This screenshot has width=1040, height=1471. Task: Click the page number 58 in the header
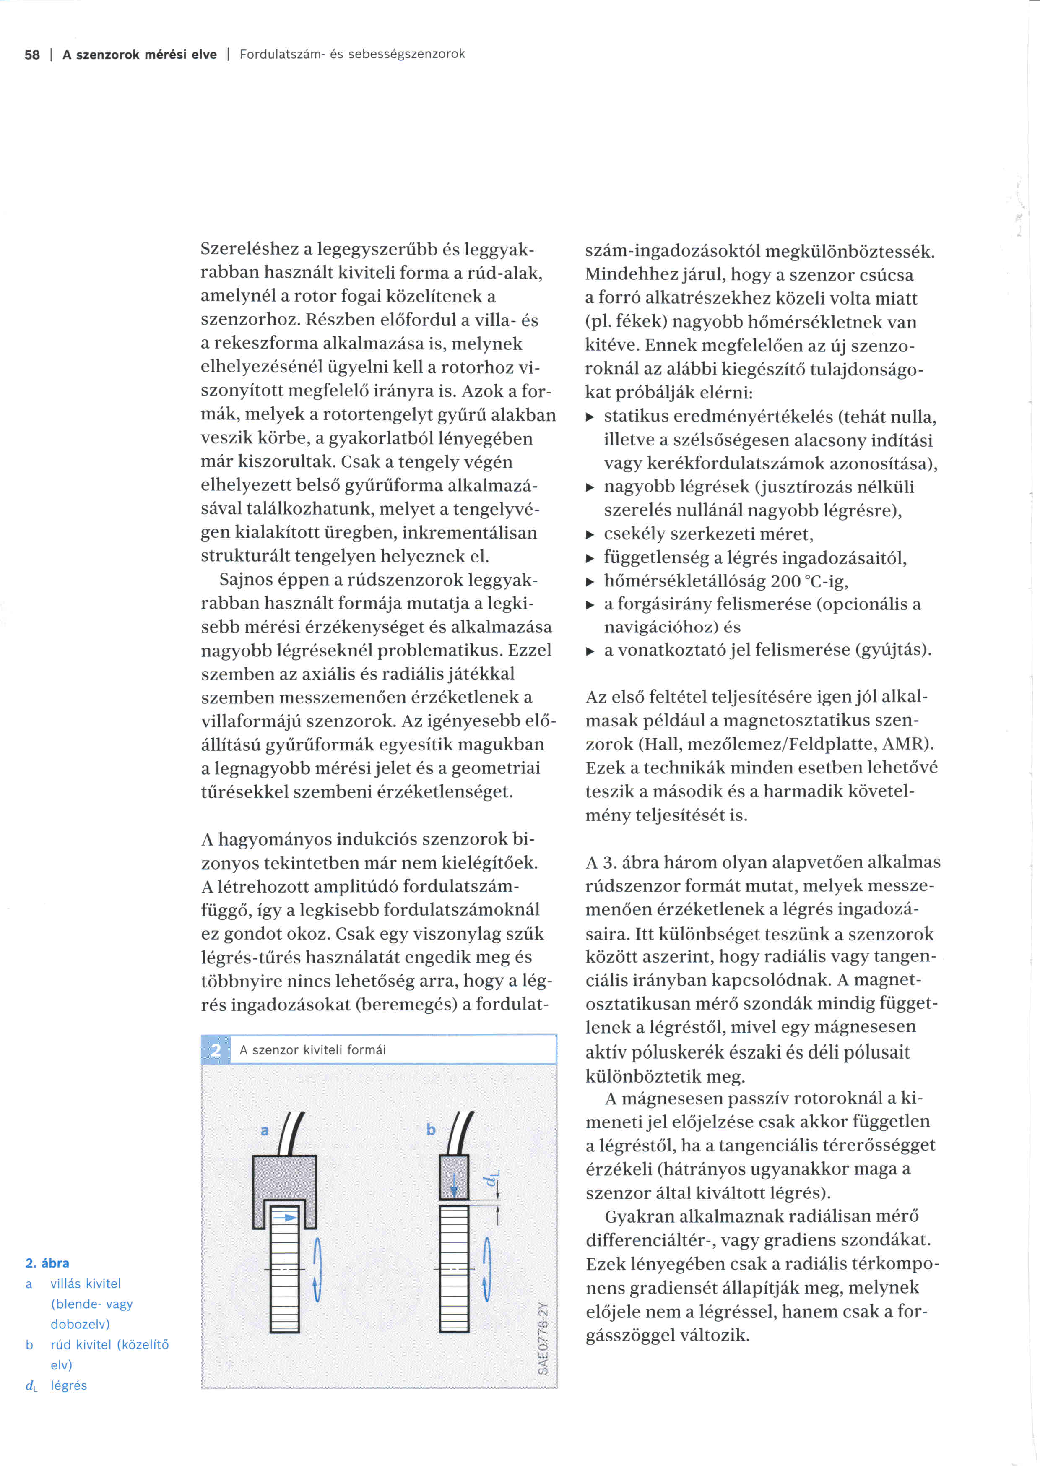click(x=32, y=55)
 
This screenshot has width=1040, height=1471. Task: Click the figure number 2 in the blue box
click(x=216, y=1049)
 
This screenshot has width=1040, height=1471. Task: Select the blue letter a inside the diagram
click(x=265, y=1130)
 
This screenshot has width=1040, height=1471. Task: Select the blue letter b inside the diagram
click(x=431, y=1129)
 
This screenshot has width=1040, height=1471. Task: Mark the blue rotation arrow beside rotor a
click(x=316, y=1268)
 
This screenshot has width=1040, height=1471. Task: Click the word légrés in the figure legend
click(x=68, y=1385)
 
